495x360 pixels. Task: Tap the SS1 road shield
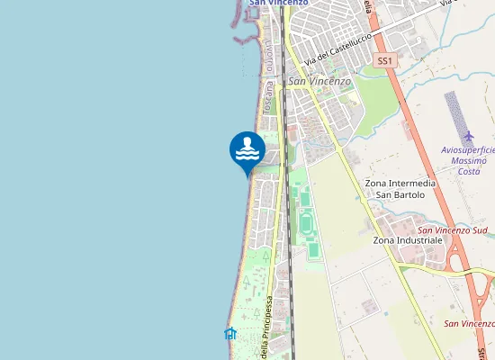384,60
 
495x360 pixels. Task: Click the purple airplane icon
467,136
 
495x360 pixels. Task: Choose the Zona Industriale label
407,240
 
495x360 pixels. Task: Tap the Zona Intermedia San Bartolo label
400,189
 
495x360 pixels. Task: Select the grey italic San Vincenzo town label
319,81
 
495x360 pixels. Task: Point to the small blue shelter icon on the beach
229,334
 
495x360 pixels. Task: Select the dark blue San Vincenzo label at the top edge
278,3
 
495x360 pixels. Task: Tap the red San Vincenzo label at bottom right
469,323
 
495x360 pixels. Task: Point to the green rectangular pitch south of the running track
313,249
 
